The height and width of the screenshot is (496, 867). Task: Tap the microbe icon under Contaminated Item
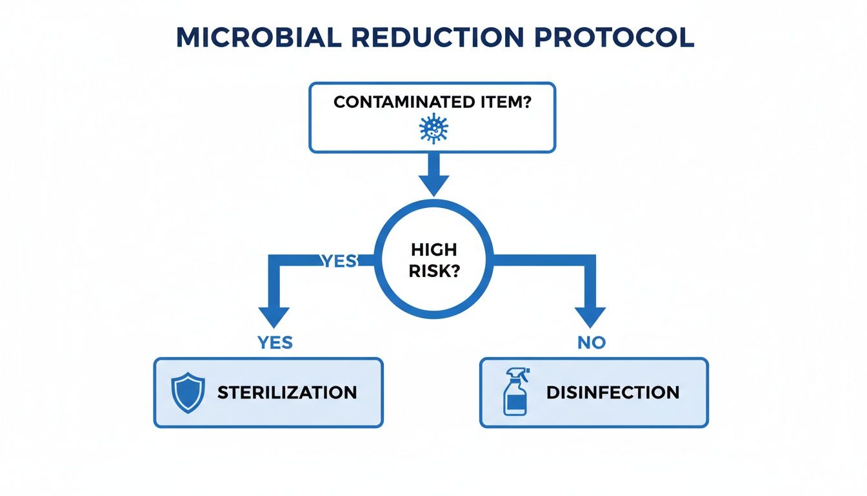coord(433,129)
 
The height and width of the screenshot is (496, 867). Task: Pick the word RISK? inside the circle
coord(433,271)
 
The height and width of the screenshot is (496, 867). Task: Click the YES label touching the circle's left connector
coord(339,260)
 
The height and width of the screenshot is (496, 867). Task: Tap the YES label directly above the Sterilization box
coord(275,343)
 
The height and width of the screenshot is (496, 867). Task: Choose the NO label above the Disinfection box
coord(591,343)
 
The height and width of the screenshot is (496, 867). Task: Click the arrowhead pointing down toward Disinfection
coord(590,316)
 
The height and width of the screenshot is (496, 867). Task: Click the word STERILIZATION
coord(287,392)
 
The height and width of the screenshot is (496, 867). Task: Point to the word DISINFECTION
coord(613,392)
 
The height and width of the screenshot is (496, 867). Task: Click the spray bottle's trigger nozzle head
coord(518,373)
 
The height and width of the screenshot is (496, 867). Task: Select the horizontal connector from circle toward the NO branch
coord(542,260)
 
